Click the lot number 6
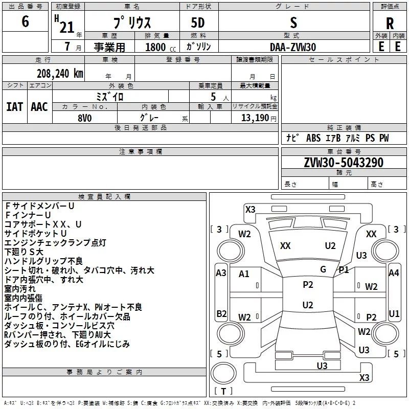[25, 22]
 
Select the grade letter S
[293, 22]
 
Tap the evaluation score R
[390, 24]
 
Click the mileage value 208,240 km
[60, 73]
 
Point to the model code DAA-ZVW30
[293, 47]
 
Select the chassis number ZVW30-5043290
[336, 163]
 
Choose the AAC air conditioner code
[39, 107]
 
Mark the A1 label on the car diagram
[244, 274]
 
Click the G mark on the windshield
[323, 269]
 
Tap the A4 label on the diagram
[393, 273]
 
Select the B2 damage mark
[221, 313]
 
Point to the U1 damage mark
[394, 313]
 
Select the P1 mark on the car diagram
[344, 269]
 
